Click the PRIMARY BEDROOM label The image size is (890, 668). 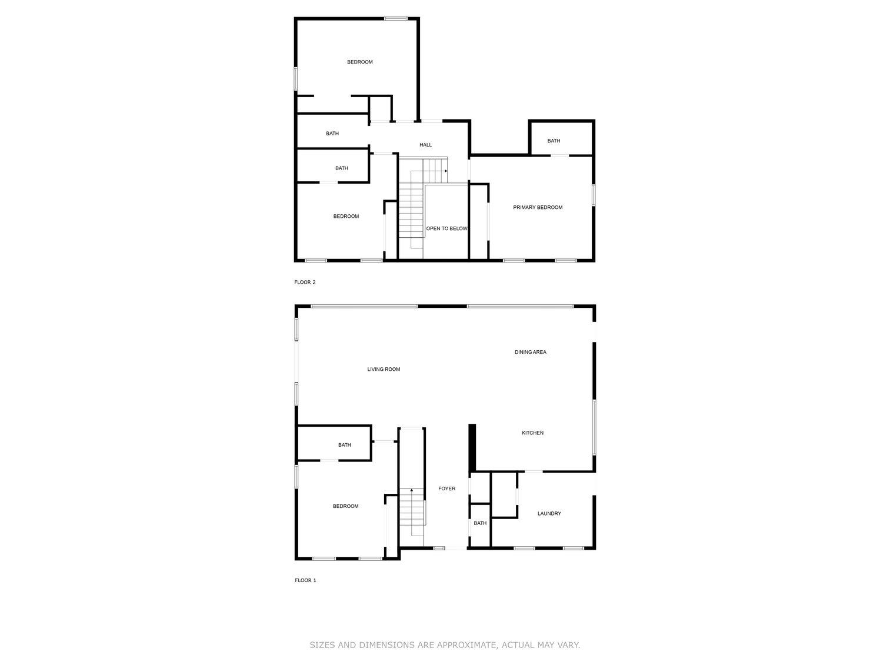(538, 207)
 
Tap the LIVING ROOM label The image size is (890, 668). (384, 370)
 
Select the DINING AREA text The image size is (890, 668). (531, 353)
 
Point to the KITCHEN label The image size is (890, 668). (532, 433)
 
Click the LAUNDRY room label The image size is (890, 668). (549, 514)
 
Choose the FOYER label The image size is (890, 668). (446, 488)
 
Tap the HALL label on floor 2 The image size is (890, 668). (425, 145)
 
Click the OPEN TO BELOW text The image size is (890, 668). (446, 228)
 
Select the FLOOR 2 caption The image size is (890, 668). (305, 283)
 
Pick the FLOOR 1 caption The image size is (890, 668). (305, 580)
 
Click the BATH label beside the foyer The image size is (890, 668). (480, 523)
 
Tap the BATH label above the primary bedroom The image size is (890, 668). (554, 141)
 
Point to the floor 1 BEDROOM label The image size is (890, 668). (345, 506)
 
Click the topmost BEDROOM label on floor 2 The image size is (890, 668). (359, 62)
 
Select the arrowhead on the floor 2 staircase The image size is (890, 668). (446, 171)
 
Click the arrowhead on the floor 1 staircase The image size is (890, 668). (411, 490)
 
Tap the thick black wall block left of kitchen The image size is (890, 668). (472, 447)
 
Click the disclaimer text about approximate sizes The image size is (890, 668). (445, 645)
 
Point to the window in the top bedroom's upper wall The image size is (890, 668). (396, 19)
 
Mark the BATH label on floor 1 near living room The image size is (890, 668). (344, 445)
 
